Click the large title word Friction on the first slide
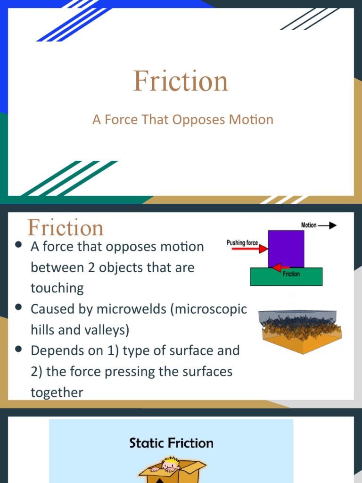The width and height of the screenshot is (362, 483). tap(181, 81)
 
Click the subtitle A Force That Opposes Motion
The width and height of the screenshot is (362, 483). tap(183, 120)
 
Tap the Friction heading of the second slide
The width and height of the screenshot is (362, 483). tap(66, 228)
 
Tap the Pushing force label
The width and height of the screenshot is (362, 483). tap(242, 242)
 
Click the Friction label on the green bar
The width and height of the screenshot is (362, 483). tap(291, 274)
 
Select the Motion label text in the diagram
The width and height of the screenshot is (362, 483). tap(309, 225)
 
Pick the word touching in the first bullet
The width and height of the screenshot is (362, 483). tap(57, 288)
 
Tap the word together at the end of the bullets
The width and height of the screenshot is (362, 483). tap(57, 392)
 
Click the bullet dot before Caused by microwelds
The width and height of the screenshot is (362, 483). tap(19, 308)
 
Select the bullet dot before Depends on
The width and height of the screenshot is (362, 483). tap(19, 349)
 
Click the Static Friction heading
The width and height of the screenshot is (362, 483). tap(172, 443)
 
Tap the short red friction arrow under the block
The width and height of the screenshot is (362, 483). tap(280, 268)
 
